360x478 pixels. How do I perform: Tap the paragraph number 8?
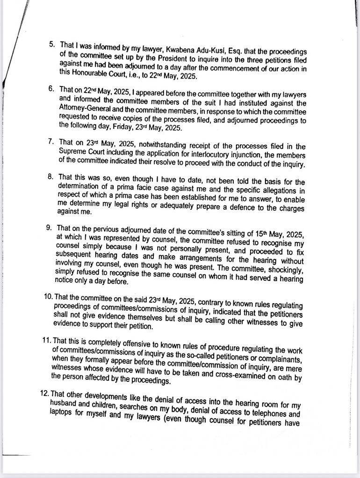(50, 177)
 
